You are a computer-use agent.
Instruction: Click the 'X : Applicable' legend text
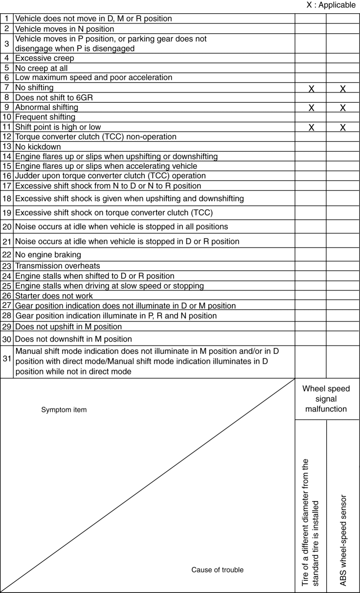(331, 5)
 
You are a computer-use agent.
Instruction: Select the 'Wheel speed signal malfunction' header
(326, 399)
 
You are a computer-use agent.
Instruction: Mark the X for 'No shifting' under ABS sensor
(343, 89)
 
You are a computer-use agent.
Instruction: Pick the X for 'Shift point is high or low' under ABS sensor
(343, 128)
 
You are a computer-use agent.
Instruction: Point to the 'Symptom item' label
(64, 410)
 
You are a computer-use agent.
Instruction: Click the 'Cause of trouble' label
(217, 570)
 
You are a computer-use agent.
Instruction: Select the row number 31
(7, 359)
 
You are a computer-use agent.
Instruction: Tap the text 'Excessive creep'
(45, 58)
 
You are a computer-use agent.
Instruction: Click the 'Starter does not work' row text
(54, 296)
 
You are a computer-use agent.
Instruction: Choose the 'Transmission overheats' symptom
(55, 266)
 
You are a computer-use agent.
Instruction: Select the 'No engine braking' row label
(48, 255)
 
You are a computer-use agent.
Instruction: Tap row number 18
(7, 198)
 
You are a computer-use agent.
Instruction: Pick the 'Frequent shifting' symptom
(45, 117)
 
